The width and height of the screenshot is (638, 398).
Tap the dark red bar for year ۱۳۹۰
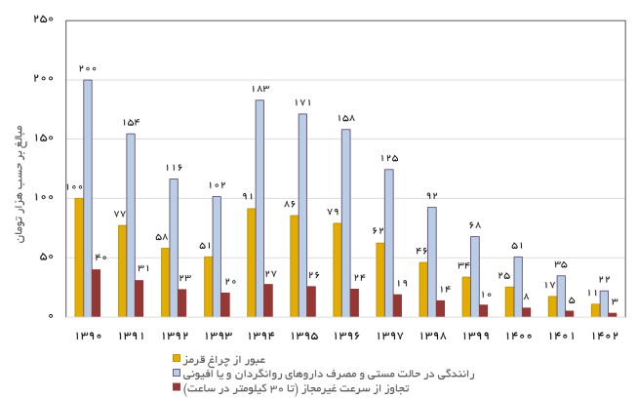97,293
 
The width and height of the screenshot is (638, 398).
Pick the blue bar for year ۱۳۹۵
302,215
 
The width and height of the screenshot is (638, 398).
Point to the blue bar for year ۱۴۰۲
604,303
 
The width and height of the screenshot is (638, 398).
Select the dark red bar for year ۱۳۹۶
354,302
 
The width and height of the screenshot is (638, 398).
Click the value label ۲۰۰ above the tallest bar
88,68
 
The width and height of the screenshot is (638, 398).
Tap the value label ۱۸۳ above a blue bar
259,89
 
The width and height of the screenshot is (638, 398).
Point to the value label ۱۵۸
345,118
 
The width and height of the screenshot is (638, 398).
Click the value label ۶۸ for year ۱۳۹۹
474,225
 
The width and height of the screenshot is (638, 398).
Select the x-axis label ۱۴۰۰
517,338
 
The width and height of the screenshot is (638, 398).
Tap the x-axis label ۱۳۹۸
431,338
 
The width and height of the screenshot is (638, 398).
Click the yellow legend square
178,358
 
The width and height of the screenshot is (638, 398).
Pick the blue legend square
178,373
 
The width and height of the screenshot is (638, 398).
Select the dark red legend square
178,386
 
